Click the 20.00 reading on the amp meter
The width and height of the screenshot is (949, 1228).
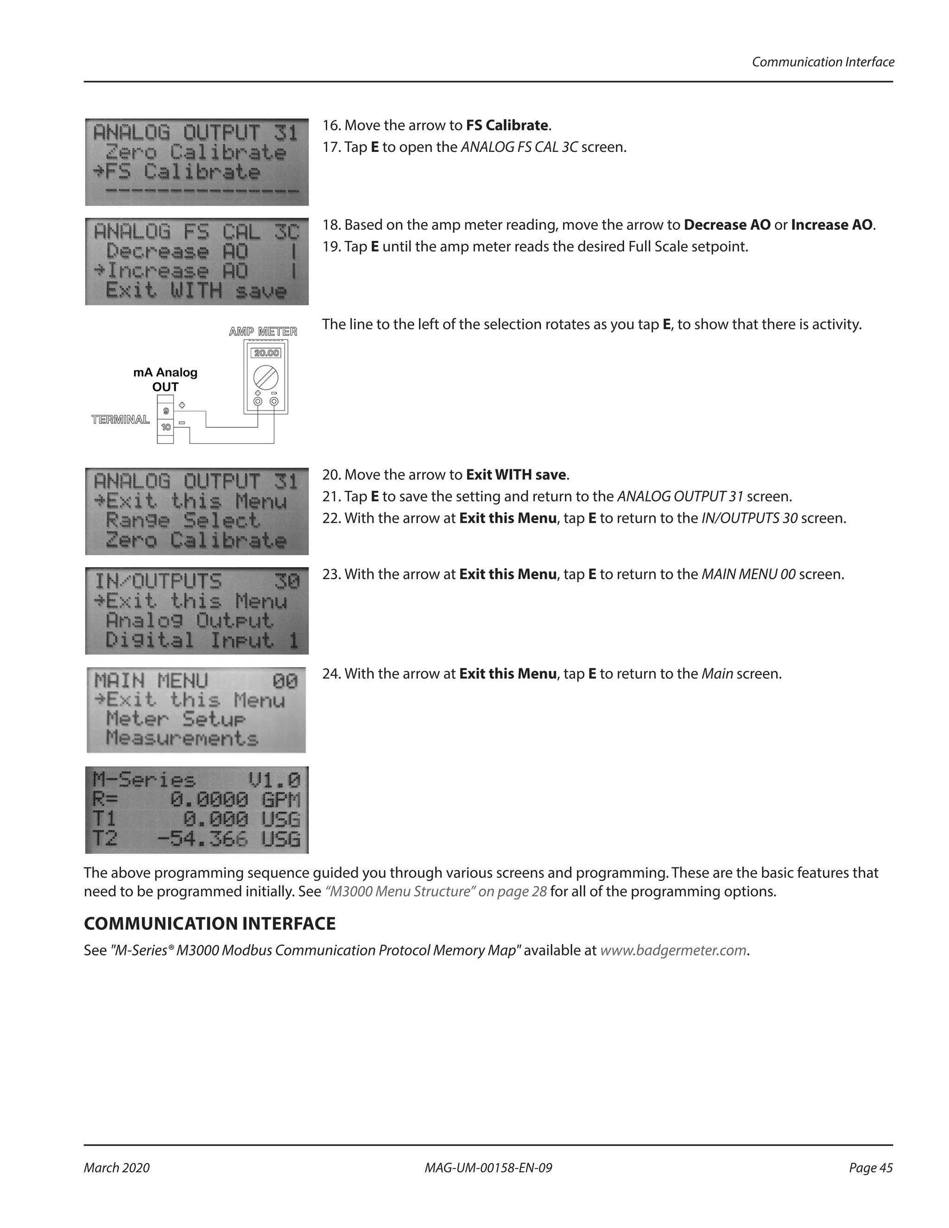click(266, 353)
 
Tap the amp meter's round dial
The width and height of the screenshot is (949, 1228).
click(266, 376)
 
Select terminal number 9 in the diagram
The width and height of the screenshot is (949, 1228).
click(166, 411)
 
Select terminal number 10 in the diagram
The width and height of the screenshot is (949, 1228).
click(166, 427)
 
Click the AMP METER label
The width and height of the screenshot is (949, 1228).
click(263, 332)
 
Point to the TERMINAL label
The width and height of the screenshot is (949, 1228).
click(120, 419)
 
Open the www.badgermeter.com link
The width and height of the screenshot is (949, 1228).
click(673, 950)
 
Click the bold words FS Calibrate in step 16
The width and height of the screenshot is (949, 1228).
click(507, 126)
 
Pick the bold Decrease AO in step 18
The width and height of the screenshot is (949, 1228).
click(727, 225)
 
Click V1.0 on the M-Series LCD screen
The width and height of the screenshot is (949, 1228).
click(274, 780)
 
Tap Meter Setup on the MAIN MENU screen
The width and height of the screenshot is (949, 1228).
click(176, 719)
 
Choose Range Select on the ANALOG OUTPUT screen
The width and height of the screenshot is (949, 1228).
click(183, 521)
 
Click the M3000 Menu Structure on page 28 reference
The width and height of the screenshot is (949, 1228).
click(436, 892)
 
